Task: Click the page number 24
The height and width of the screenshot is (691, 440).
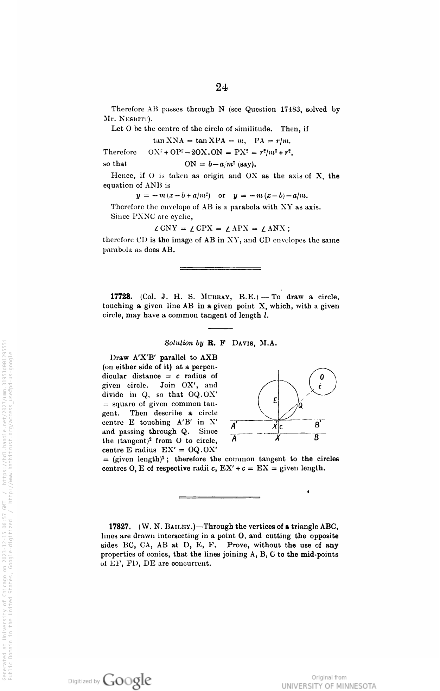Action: tap(222, 87)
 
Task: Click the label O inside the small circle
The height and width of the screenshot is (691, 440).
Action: tap(322, 377)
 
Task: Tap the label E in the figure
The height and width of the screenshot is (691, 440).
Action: tap(275, 400)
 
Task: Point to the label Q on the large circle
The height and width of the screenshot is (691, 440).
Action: tap(300, 406)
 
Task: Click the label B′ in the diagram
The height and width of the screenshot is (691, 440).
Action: tap(317, 425)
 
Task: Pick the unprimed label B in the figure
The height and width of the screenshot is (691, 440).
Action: tap(317, 438)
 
